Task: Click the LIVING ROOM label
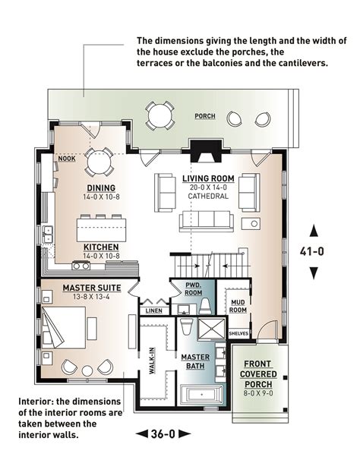208,178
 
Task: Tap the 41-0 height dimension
312,251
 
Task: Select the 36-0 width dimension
163,433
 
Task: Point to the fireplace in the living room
206,151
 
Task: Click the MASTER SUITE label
92,288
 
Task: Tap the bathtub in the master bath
202,394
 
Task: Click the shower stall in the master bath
212,328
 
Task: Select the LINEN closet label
154,310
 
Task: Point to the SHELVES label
238,333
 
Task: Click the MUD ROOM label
238,306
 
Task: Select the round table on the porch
160,115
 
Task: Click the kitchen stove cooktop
81,266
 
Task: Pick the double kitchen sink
48,235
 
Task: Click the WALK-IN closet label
152,361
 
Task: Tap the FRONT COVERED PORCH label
258,374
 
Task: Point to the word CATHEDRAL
208,196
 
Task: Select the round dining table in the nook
99,162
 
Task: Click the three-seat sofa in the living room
207,221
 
